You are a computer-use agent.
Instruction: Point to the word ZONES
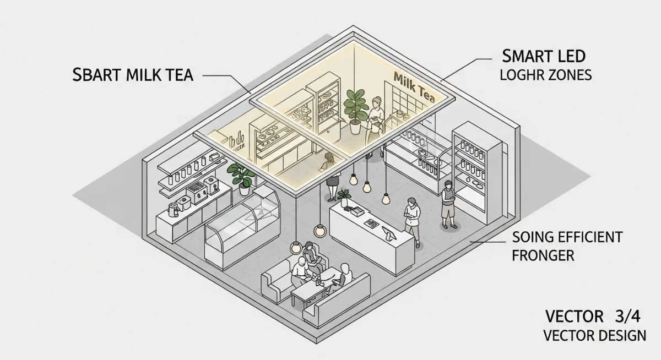click(x=568, y=75)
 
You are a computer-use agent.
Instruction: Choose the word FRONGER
click(x=543, y=255)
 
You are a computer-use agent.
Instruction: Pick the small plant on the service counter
click(x=345, y=197)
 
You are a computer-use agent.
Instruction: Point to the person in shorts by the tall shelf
click(x=449, y=203)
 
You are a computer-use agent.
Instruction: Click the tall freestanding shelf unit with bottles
click(x=478, y=171)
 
